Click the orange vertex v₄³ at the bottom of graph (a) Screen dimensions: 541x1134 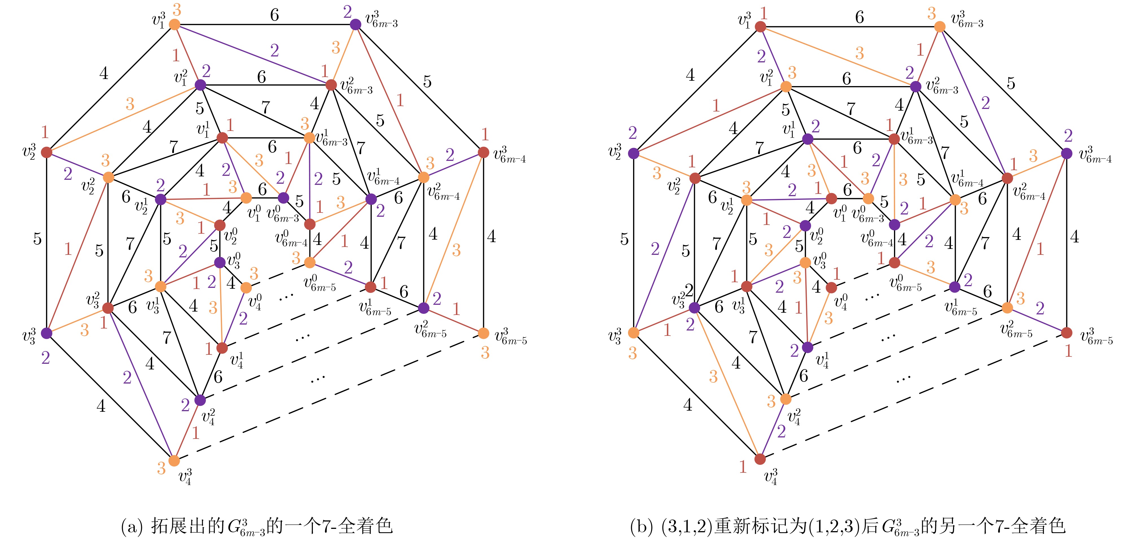[x=174, y=461]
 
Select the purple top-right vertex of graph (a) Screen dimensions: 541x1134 [x=355, y=25]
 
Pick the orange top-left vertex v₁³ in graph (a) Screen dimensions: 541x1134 [x=175, y=25]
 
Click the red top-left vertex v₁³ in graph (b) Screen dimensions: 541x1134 [x=760, y=27]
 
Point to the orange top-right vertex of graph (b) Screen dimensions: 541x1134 [x=940, y=27]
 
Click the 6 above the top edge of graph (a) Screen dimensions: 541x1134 [x=274, y=15]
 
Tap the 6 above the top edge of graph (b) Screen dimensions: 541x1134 [x=859, y=17]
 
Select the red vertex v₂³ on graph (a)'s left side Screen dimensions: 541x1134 [x=46, y=153]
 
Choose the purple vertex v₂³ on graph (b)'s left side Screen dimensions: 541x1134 [x=633, y=154]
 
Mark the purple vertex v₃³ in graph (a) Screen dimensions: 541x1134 [x=46, y=333]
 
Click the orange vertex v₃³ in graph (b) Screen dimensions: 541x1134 [x=633, y=333]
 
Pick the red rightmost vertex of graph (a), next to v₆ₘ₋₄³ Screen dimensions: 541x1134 [x=483, y=153]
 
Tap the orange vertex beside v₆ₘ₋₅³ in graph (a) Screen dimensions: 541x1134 [x=483, y=333]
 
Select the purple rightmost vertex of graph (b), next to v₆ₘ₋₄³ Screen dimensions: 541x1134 [x=1067, y=154]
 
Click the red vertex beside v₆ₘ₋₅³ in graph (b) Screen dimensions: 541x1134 [x=1067, y=333]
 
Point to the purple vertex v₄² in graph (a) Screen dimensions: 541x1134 [x=200, y=400]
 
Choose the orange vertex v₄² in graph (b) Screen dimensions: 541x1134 [x=785, y=399]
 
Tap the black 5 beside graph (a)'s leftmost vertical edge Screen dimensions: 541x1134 [x=38, y=239]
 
